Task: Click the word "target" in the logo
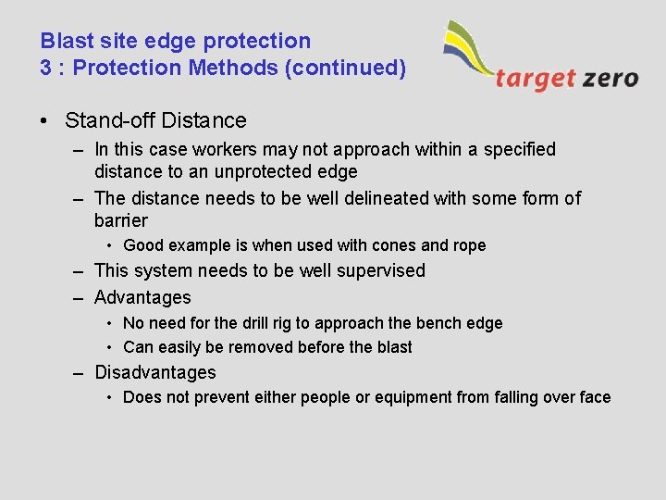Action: point(534,78)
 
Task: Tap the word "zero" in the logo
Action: point(610,78)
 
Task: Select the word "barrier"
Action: point(120,220)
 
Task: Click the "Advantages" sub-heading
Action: point(142,297)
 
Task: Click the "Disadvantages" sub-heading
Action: point(154,372)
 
